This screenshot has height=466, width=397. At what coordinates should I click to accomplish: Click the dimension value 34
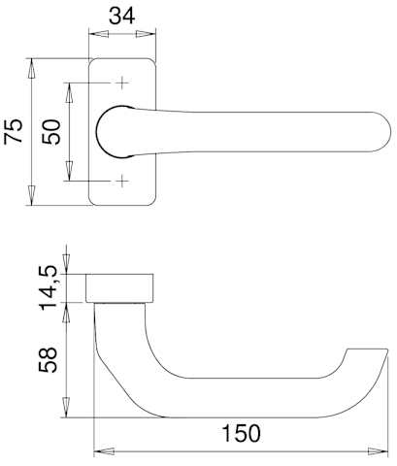[x=121, y=16]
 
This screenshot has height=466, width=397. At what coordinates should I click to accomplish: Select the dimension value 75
[x=14, y=131]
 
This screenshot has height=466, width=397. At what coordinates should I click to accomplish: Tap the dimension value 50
[x=51, y=132]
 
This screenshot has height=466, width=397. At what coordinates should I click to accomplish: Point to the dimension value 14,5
[x=49, y=287]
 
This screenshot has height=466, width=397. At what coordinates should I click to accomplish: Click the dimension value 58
[x=48, y=360]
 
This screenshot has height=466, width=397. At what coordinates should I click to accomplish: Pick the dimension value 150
[x=242, y=433]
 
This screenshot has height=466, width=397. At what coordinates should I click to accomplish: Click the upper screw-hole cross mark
[x=122, y=83]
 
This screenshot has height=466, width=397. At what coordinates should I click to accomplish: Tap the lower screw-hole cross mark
[x=122, y=181]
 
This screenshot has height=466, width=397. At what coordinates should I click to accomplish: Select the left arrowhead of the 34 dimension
[x=99, y=34]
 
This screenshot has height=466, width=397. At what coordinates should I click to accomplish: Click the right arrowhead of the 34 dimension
[x=146, y=34]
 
